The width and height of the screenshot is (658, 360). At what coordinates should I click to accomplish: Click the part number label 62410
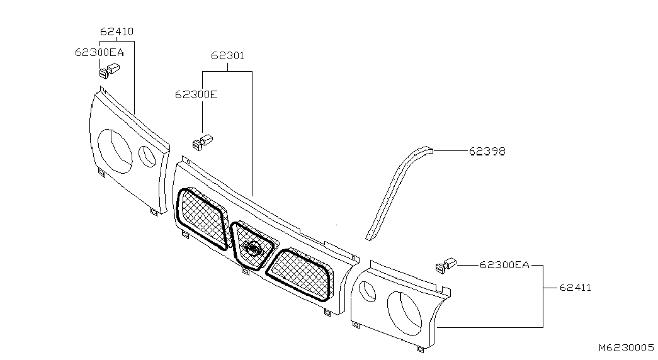(116, 31)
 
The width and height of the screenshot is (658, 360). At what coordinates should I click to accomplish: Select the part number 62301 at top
(227, 55)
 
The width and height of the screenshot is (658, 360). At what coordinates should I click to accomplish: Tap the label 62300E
(196, 94)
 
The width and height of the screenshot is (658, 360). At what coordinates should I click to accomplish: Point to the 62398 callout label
(487, 152)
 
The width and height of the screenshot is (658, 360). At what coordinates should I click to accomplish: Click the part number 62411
(575, 288)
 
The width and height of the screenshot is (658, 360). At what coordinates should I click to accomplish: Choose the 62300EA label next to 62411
(504, 265)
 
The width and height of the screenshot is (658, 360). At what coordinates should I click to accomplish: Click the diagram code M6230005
(627, 347)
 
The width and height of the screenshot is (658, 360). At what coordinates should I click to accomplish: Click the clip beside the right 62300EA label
(445, 265)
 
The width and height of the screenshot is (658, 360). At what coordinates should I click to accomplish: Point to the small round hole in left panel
(148, 157)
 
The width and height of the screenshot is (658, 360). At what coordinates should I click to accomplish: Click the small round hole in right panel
(368, 291)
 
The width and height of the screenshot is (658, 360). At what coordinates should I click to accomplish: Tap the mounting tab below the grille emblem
(245, 272)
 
